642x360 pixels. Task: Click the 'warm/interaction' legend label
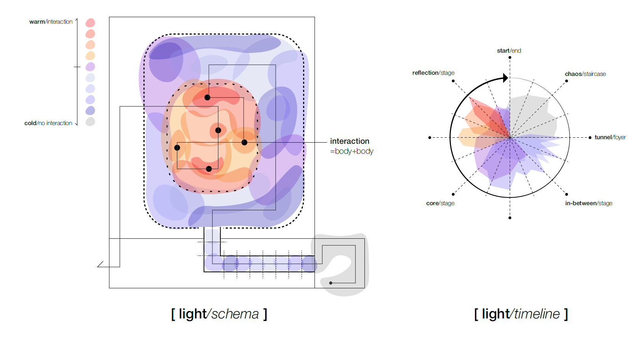coord(51,22)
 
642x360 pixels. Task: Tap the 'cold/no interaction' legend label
coord(48,123)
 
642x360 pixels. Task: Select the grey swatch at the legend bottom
coord(90,122)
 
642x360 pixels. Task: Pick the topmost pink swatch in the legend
coord(90,23)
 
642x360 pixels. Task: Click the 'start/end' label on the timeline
coord(509,51)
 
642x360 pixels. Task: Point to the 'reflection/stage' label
coord(433,73)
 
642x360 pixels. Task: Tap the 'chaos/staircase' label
coord(585,74)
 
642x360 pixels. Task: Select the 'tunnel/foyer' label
coord(610,137)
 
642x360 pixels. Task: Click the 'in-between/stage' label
coord(589,203)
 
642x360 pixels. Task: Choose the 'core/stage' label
coord(440,203)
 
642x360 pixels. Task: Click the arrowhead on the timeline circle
coord(506,78)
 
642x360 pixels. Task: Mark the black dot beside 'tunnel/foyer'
coord(590,138)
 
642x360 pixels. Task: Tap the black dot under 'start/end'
coord(510,58)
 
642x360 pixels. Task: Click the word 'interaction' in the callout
coord(350,141)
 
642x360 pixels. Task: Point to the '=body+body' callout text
coord(351,151)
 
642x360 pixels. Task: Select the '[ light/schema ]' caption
coord(219,314)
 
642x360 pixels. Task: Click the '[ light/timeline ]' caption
coord(521,314)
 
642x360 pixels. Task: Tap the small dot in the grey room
coord(331,283)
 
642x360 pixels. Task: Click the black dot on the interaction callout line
coord(244,143)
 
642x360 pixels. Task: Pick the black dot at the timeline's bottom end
coord(510,218)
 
